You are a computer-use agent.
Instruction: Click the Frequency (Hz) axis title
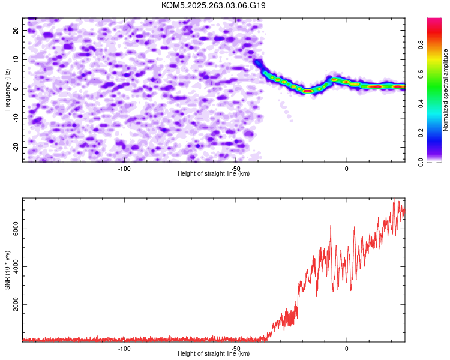(7, 89)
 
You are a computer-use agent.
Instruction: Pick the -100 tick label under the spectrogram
(124, 169)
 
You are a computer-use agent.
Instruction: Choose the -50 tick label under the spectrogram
(235, 169)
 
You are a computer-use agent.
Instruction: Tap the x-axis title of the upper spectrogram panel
(214, 174)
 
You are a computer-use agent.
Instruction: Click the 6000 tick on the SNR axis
(12, 229)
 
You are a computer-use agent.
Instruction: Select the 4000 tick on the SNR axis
(12, 266)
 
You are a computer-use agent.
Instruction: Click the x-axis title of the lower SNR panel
(214, 354)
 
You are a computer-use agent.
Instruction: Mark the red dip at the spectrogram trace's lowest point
(308, 91)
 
